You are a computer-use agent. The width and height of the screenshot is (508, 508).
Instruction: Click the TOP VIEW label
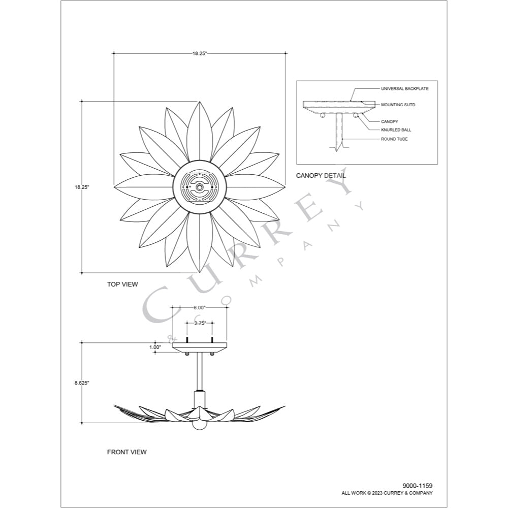click(x=122, y=284)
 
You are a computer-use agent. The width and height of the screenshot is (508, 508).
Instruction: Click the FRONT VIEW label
click(x=126, y=452)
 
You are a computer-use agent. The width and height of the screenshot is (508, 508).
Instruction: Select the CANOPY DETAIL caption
click(x=321, y=176)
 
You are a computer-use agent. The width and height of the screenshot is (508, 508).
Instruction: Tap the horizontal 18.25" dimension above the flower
click(x=200, y=53)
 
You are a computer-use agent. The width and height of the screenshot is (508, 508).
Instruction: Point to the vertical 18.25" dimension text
click(x=82, y=187)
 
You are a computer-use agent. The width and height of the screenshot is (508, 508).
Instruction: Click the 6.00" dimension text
click(x=200, y=307)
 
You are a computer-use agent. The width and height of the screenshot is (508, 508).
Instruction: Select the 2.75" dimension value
click(x=200, y=323)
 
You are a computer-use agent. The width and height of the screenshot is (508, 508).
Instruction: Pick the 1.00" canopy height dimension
click(x=155, y=347)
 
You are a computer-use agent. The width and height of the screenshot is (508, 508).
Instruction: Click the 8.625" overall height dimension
click(x=82, y=383)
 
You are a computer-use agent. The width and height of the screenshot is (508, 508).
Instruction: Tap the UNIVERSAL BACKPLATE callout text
click(x=405, y=88)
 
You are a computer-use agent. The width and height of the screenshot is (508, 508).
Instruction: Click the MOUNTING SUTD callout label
click(x=398, y=105)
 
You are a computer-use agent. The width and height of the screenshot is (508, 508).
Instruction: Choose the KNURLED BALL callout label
click(x=396, y=130)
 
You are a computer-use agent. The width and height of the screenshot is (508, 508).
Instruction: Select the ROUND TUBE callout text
click(x=394, y=139)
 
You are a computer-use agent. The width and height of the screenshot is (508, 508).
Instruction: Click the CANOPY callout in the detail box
click(x=390, y=121)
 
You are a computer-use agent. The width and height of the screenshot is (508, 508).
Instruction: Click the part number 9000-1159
click(x=417, y=486)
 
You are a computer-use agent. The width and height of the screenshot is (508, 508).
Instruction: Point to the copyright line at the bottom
click(x=387, y=493)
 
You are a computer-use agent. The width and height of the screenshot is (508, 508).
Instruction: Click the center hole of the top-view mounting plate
click(x=200, y=187)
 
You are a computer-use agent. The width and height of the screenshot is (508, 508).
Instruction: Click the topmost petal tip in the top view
click(x=200, y=102)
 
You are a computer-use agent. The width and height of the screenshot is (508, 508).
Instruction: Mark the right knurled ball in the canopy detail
click(x=356, y=115)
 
